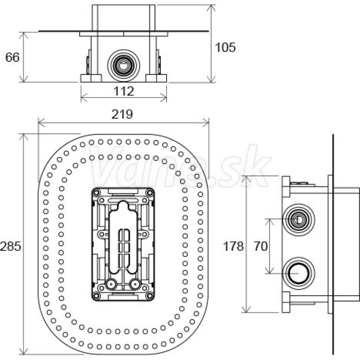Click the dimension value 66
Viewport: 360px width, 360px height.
(13, 58)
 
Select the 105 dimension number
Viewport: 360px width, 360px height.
(225, 47)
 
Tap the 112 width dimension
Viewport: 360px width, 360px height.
(124, 91)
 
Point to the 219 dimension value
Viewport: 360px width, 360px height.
(122, 114)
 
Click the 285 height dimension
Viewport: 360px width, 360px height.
(11, 247)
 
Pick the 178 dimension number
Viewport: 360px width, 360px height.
(233, 247)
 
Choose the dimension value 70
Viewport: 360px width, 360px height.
(260, 247)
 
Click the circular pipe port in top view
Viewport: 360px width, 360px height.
(124, 65)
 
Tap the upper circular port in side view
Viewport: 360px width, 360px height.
(298, 220)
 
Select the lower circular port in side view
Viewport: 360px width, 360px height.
(298, 273)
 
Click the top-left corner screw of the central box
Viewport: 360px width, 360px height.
(96, 193)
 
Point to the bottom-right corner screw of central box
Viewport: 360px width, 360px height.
(150, 295)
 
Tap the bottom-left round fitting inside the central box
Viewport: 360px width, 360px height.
(111, 284)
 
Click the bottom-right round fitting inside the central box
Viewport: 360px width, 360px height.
(135, 284)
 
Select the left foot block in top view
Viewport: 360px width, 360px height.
(91, 78)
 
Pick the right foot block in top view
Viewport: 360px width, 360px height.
(156, 78)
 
